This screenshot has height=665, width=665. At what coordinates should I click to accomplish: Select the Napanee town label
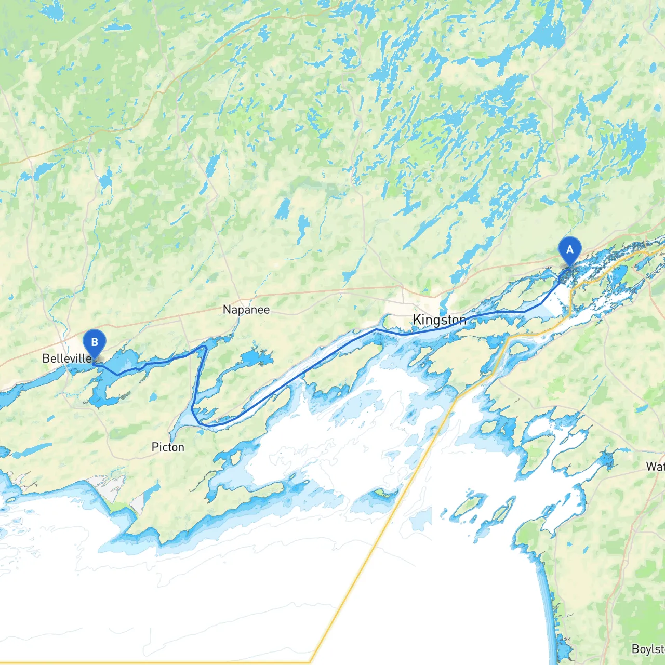pos(246,310)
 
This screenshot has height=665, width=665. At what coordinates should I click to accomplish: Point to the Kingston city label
pos(439,320)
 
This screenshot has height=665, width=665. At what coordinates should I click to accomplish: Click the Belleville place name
pos(66,358)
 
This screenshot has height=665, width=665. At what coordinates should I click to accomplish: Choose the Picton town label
pos(167,447)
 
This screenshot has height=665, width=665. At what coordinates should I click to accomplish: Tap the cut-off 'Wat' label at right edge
pos(655,466)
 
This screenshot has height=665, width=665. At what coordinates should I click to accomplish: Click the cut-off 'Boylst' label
pos(648,649)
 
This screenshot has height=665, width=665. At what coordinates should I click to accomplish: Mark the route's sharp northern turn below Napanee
pos(205,347)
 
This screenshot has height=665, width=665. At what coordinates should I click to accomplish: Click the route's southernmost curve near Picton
pos(208,425)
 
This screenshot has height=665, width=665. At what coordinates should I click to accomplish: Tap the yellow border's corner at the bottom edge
pos(311,662)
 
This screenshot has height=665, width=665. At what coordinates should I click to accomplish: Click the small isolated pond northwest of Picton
pos(152,397)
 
